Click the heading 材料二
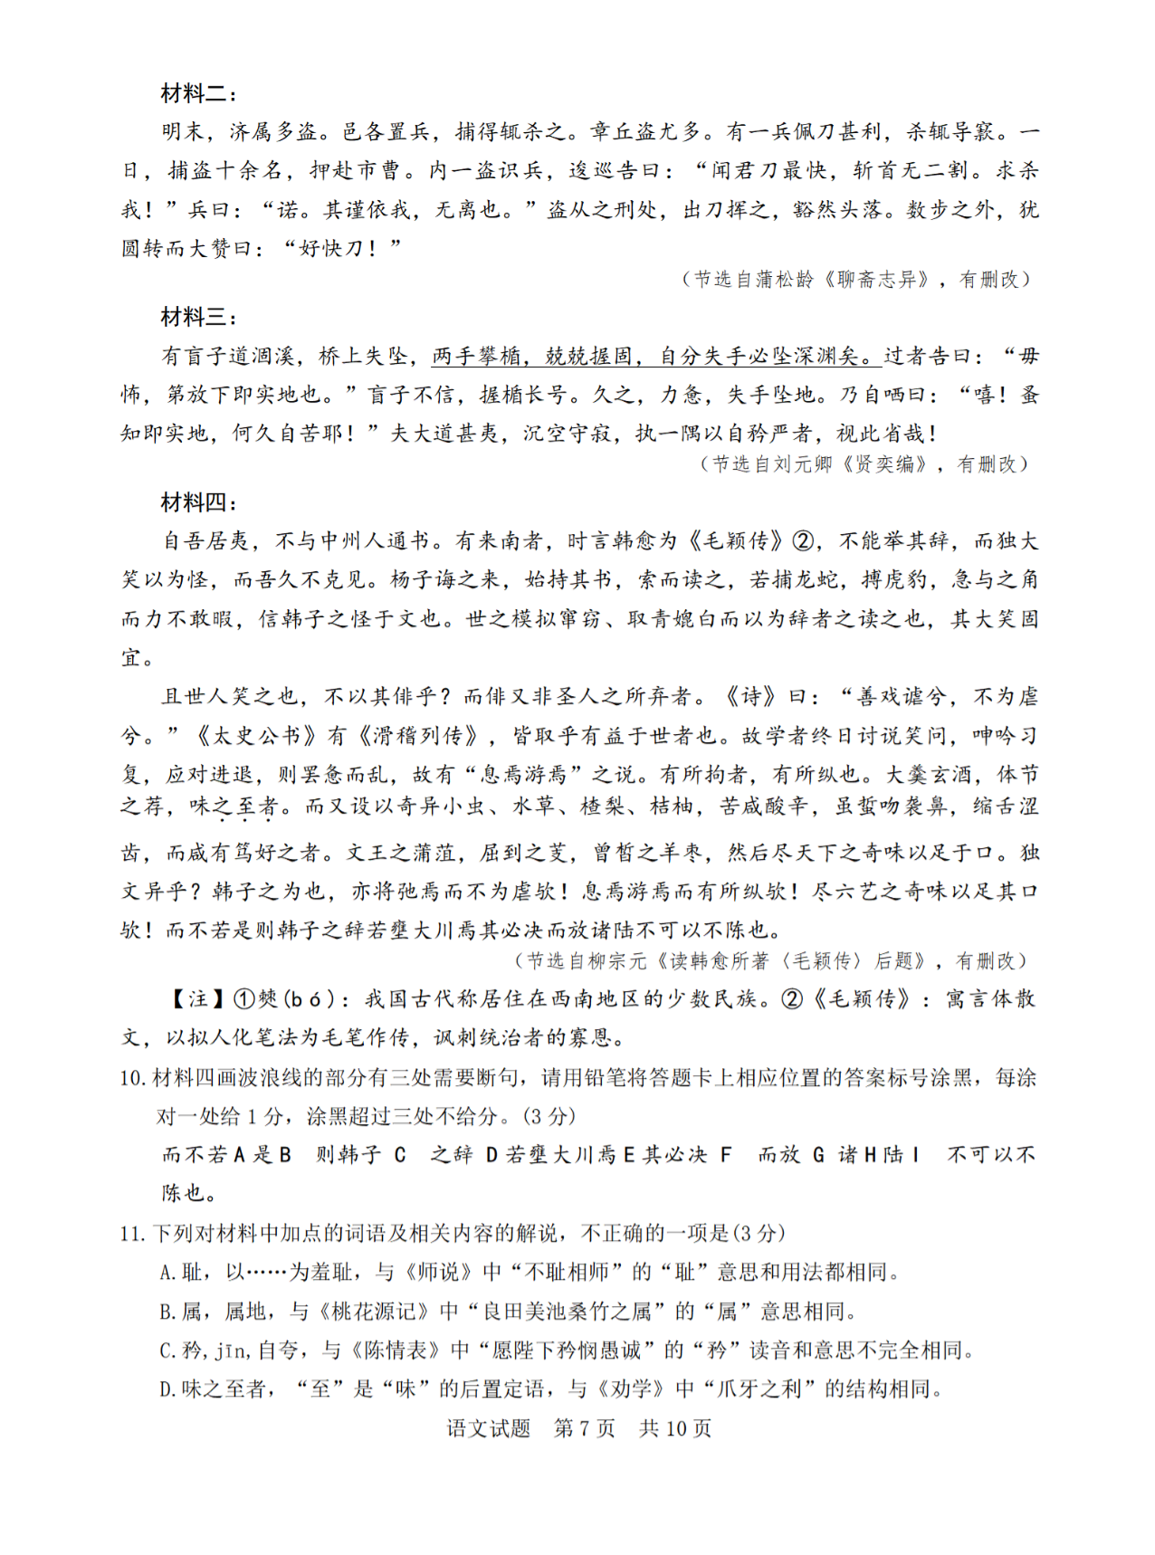(198, 93)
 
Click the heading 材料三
(198, 317)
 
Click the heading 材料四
(198, 502)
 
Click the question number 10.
(132, 1078)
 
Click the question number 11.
(132, 1234)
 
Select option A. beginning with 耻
(529, 1273)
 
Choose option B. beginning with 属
(507, 1312)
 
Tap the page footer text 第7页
(585, 1429)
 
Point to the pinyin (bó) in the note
(316, 999)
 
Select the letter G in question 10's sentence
(818, 1155)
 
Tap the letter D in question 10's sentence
(492, 1155)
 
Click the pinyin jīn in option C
(231, 1351)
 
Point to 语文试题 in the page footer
(489, 1429)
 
